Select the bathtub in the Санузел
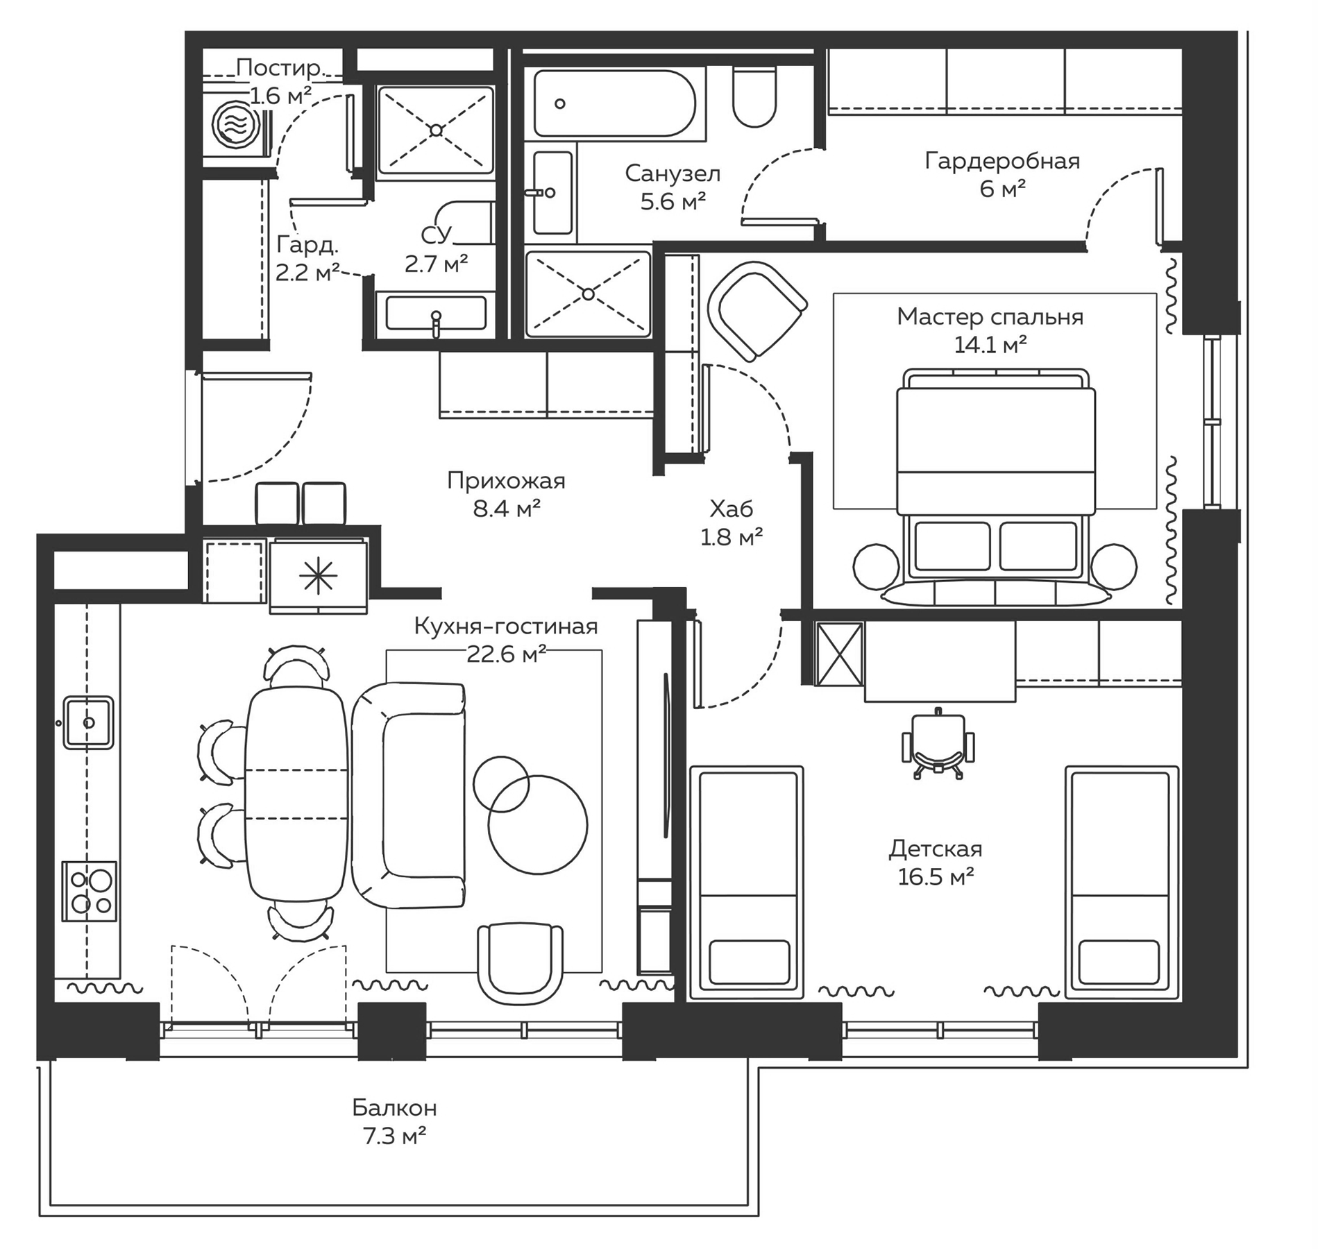point(614,103)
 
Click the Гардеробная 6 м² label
point(1002,174)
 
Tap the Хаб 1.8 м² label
point(732,522)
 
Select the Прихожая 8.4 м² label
point(506,494)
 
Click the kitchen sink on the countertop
point(88,723)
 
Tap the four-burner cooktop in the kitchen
point(90,891)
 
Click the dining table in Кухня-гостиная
point(296,794)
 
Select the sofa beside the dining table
point(406,795)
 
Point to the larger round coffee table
point(538,825)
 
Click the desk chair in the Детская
point(937,747)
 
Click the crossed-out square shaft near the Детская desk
point(839,654)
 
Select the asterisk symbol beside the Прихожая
point(318,575)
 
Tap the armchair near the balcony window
point(520,961)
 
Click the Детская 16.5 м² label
point(936,863)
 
